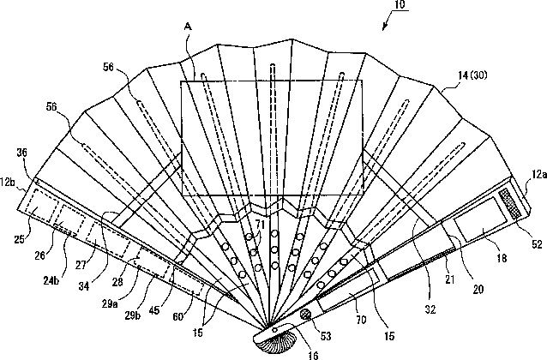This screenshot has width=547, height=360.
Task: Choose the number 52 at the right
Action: [x=538, y=245]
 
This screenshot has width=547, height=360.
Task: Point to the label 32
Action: [x=434, y=290]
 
